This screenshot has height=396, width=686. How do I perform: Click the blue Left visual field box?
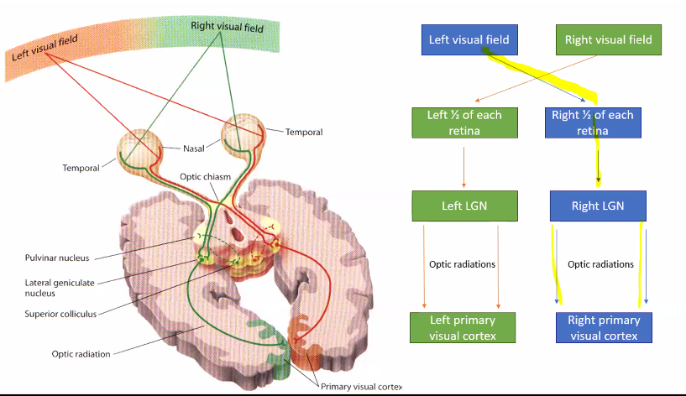[468, 39]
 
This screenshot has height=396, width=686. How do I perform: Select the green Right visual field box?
[608, 39]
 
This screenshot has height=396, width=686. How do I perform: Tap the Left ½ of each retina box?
[463, 122]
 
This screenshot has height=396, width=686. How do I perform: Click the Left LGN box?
[463, 206]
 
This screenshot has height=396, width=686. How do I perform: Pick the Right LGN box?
[598, 206]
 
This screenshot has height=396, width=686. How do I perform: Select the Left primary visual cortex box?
[463, 327]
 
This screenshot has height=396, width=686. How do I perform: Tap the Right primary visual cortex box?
[603, 327]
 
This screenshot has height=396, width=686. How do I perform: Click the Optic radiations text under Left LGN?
[462, 264]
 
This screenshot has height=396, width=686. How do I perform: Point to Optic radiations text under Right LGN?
[600, 264]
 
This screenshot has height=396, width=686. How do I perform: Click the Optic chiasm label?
[205, 176]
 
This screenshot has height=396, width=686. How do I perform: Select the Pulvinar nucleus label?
[56, 258]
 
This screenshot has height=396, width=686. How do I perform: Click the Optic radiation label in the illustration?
[81, 354]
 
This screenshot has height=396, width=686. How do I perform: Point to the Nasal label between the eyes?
[195, 148]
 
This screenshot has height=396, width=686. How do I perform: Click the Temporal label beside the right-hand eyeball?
[303, 132]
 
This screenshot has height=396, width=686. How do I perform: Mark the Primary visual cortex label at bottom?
[360, 387]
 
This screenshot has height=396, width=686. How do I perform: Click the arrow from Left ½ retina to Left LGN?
[464, 164]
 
